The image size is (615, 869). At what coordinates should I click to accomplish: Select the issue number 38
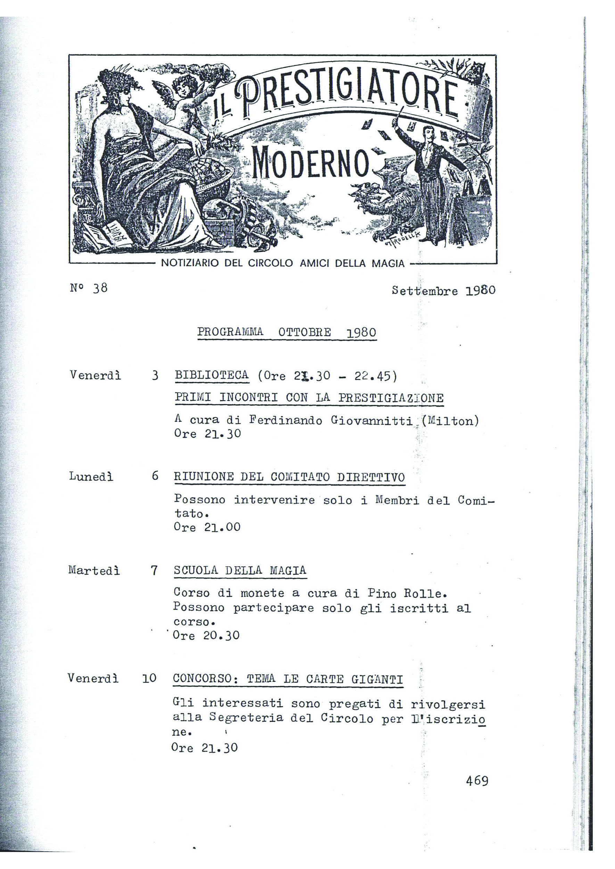pos(100,288)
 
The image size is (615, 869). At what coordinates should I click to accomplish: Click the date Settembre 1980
pos(443,291)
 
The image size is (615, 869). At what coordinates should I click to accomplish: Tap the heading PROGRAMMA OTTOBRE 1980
pos(287,332)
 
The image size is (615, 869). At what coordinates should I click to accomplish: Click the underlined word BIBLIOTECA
pos(212,375)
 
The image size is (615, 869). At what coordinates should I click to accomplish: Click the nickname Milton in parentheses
pos(451,421)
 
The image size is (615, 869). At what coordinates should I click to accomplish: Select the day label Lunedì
pos(91,476)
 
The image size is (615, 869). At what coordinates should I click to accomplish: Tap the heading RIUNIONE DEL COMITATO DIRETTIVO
pos(289,477)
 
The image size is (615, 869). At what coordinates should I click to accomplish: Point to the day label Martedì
pos(94,570)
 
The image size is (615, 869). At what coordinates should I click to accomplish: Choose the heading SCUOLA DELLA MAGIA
pos(240,570)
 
